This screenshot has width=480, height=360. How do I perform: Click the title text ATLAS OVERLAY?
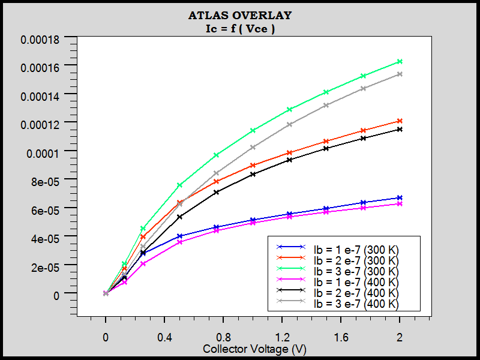point(240,15)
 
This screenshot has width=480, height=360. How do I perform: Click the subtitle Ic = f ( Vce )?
point(240,28)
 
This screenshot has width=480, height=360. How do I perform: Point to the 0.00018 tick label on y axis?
point(40,40)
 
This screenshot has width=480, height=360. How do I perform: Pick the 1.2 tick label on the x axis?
point(282,338)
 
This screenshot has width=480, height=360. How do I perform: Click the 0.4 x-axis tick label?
point(164,338)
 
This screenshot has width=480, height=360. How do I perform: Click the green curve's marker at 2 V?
point(400,62)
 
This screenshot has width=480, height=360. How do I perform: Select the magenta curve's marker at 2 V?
point(400,204)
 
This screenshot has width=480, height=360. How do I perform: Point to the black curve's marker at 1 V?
point(253,174)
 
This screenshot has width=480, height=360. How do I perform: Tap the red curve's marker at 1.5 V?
point(326,141)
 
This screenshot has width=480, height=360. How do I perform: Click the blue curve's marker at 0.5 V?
point(179,236)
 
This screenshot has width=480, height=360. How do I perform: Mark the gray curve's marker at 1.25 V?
point(289,124)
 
